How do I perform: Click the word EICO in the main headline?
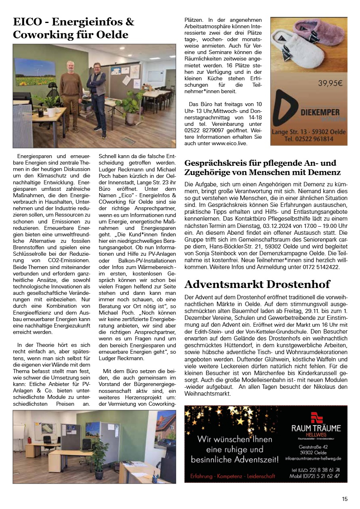coord(27,22)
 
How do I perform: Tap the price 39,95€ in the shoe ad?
coord(330,84)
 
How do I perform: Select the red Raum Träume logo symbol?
coord(317,417)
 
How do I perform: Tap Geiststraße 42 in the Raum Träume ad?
coord(313,446)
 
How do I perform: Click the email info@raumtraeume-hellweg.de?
coord(313,458)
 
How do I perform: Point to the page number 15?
coord(345,499)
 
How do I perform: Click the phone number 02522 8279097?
coord(206,130)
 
